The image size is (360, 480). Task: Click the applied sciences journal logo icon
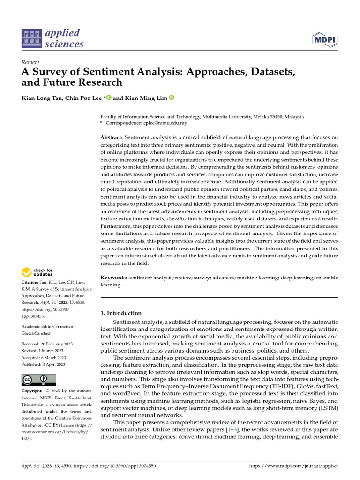click(31, 38)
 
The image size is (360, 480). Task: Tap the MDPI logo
click(324, 40)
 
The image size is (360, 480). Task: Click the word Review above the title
click(30, 62)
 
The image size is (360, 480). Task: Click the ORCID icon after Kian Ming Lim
click(172, 98)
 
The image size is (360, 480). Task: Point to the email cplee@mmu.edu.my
click(165, 123)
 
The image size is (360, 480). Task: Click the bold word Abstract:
click(112, 138)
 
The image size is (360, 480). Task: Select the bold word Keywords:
click(114, 277)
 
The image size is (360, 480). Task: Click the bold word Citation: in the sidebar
click(31, 283)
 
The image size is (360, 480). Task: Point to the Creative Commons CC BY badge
click(38, 380)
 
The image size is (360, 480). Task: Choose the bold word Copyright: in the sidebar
click(33, 391)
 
